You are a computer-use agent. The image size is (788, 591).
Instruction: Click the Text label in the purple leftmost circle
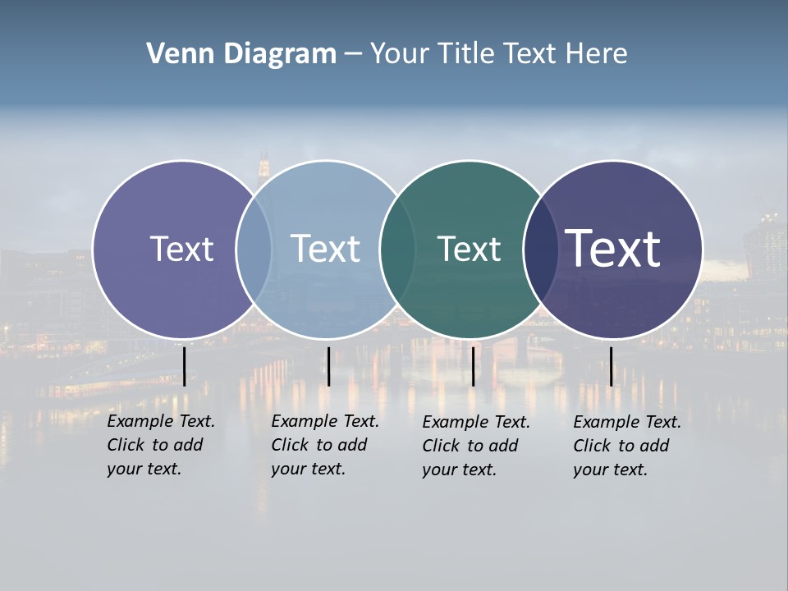pyautogui.click(x=181, y=249)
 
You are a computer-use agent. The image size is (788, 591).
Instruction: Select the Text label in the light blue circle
pyautogui.click(x=326, y=249)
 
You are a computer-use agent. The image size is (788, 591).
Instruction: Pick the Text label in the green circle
pyautogui.click(x=469, y=249)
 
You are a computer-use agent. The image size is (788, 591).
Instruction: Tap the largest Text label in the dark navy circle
pyautogui.click(x=613, y=248)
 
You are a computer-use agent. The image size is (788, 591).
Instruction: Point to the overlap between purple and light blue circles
pyautogui.click(x=254, y=250)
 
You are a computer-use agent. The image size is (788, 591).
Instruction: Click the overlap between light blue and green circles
pyautogui.click(x=397, y=250)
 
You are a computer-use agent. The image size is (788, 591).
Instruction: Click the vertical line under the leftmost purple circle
pyautogui.click(x=184, y=366)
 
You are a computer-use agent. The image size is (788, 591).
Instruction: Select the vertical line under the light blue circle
pyautogui.click(x=328, y=366)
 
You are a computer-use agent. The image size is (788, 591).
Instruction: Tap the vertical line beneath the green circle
pyautogui.click(x=473, y=366)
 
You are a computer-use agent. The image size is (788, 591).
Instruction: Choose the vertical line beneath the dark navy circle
pyautogui.click(x=611, y=366)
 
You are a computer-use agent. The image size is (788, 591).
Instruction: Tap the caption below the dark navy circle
pyautogui.click(x=626, y=446)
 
